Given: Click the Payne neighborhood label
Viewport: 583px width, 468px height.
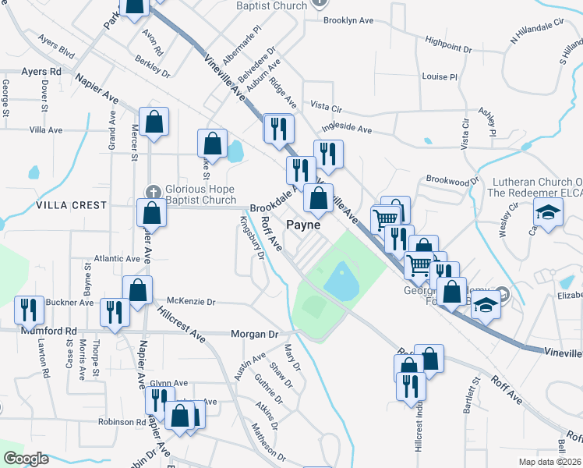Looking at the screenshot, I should (x=304, y=225).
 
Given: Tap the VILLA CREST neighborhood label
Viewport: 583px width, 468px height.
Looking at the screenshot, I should (x=70, y=205).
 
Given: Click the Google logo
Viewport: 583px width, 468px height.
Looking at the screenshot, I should (x=25, y=459).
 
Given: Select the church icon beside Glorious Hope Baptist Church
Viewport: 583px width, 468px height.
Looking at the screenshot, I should (x=154, y=191).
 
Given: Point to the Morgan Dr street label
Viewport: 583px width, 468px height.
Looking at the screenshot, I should (x=254, y=334).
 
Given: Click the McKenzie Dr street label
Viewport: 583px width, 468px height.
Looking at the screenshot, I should (x=190, y=301).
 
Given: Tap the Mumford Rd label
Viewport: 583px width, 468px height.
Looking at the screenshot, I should (x=55, y=331).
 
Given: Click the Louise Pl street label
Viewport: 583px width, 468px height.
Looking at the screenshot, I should (x=439, y=77).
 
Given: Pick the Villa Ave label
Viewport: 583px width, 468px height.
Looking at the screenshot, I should (x=45, y=129).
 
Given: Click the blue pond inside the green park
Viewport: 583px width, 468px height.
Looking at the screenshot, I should (x=341, y=280).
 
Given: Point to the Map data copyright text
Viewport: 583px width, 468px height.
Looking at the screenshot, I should (x=548, y=461).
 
